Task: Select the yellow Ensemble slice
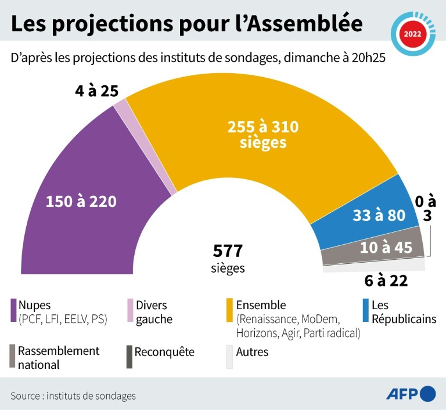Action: click(x=261, y=151)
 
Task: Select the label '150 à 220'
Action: click(x=81, y=202)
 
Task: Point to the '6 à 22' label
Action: click(x=386, y=281)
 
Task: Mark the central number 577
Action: click(x=227, y=251)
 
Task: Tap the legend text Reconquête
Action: click(x=164, y=352)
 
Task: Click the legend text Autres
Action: click(x=252, y=352)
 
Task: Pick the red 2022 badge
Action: click(x=413, y=34)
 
